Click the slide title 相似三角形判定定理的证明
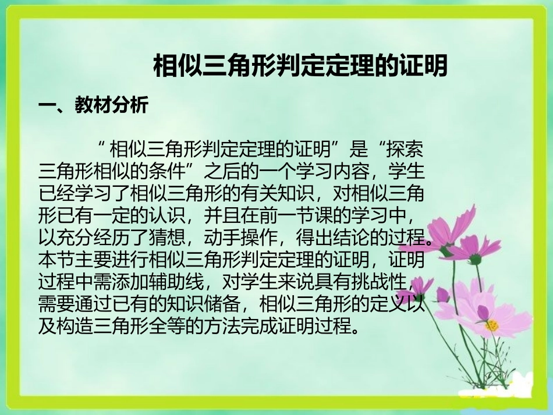click(300, 65)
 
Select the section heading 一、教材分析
click(94, 105)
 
